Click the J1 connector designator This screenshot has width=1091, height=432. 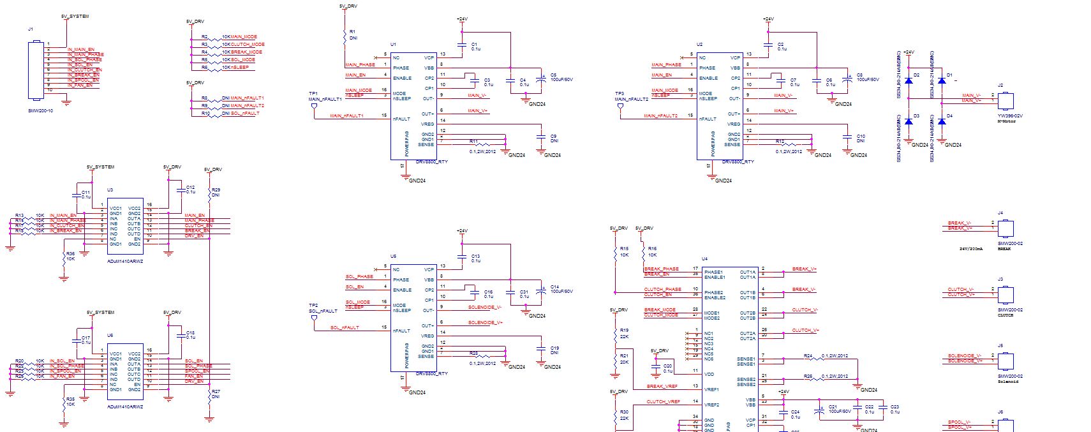pos(31,29)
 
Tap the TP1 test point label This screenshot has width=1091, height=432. pos(313,93)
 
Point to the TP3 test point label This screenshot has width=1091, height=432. pos(620,93)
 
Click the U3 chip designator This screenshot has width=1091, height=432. pos(110,190)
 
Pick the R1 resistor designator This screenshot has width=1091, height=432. pos(353,31)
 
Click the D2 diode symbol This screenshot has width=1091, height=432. pos(909,81)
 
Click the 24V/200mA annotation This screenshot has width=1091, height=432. pos(971,249)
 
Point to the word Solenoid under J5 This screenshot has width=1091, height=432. pos(1008,382)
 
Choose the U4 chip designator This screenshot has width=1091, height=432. pos(704,258)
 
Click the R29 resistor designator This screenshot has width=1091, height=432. pos(216,190)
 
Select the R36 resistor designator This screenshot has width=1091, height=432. pos(70,253)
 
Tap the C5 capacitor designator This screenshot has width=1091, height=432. pos(554,75)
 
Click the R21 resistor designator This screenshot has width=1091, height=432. pos(624,355)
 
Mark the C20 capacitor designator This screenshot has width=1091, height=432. pos(667,366)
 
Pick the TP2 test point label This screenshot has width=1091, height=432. pos(313,305)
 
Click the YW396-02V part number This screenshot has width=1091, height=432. pos(1010,115)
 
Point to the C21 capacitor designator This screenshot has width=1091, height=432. pos(833,406)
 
